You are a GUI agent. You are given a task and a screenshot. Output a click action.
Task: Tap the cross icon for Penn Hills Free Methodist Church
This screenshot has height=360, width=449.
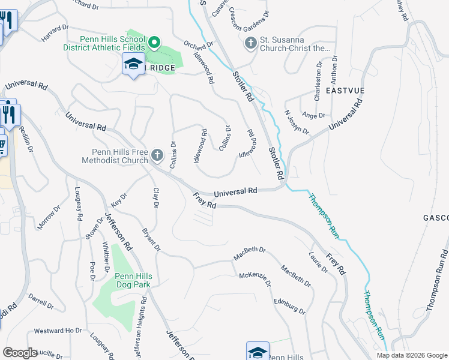pos(157,156)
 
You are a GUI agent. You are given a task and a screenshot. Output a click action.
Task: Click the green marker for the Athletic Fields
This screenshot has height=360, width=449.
pos(154,42)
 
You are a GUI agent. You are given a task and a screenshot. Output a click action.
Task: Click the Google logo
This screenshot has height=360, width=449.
pos(20,353)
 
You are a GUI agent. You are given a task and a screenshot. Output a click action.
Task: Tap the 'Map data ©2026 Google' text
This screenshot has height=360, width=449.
pos(411,355)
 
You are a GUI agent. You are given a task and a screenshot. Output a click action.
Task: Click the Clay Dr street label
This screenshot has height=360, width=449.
pos(155,197)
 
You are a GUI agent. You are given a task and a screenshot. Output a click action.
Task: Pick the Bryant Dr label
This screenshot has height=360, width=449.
pos(151,239)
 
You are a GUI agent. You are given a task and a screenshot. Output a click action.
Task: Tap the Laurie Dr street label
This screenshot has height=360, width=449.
pos(319,262)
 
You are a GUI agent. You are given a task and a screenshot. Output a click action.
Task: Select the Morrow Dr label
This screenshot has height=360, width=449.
pos(49,220)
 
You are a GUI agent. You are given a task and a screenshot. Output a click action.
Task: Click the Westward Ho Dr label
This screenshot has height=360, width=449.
pos(58,331)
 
